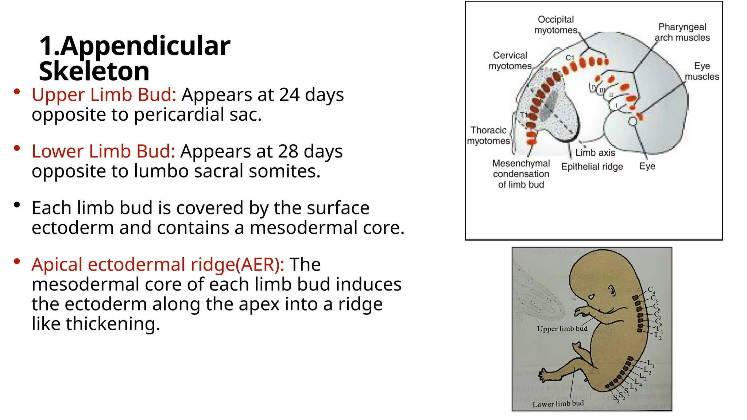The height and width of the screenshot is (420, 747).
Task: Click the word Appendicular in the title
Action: (x=145, y=47)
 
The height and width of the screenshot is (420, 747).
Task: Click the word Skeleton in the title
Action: (x=94, y=71)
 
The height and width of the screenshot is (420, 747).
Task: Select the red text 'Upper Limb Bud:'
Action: (x=104, y=95)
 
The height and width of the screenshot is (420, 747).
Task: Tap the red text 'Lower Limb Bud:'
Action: (x=103, y=151)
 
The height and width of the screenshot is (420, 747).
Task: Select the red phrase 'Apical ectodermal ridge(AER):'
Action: (x=158, y=264)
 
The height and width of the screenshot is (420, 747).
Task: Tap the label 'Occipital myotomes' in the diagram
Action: (x=556, y=25)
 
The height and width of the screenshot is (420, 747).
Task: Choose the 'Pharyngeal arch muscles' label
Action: (x=682, y=32)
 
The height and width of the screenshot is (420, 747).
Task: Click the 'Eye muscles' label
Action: (x=702, y=71)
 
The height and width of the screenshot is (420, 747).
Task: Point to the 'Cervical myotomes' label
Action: (x=510, y=61)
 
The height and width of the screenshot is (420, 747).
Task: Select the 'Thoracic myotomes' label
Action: (x=488, y=136)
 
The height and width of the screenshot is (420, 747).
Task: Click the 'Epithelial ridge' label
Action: (x=592, y=167)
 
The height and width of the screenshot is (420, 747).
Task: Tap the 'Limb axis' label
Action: (x=595, y=153)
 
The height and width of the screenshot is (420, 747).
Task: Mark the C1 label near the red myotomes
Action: (x=570, y=58)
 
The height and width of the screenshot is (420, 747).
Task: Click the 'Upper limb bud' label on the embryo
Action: (x=562, y=329)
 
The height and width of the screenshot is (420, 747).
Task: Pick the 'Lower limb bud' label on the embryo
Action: (x=558, y=404)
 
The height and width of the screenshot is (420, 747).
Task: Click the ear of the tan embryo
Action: (x=612, y=291)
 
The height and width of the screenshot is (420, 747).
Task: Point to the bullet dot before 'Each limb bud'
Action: (x=17, y=205)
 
